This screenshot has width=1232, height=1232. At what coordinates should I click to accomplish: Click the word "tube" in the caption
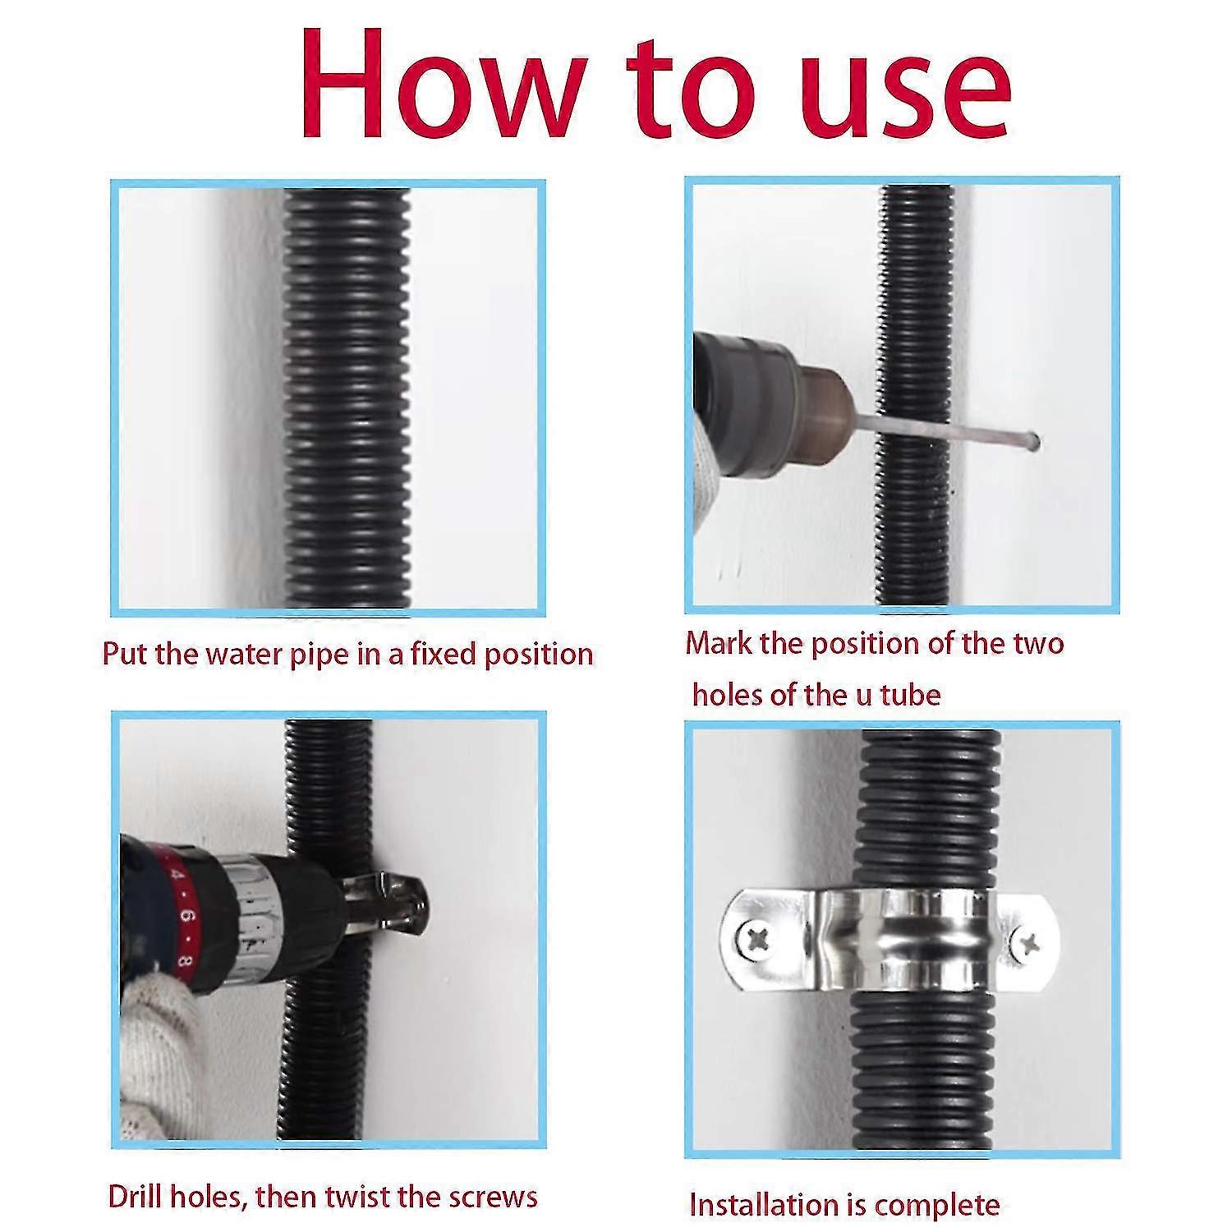point(910,696)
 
